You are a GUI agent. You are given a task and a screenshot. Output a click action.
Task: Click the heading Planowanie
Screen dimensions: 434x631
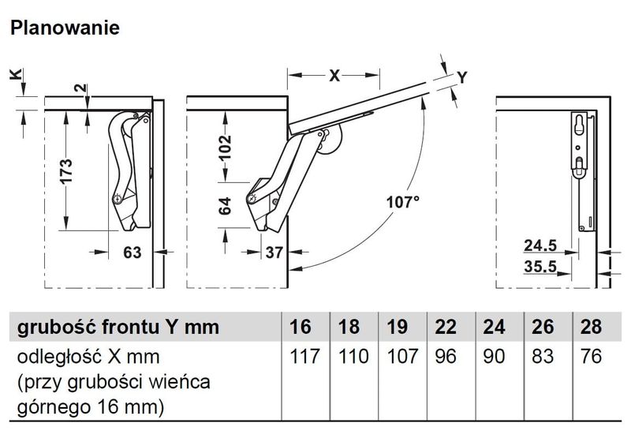[64, 28]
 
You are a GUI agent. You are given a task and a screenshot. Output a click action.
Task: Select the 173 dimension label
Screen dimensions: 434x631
[66, 172]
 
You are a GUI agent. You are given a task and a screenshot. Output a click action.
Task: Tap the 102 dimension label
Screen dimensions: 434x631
[225, 147]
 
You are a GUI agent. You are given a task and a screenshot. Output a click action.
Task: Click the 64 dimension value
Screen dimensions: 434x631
[225, 207]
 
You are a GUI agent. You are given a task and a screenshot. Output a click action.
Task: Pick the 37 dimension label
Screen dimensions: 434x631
[273, 253]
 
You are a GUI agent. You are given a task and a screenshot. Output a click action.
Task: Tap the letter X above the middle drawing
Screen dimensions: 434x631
[334, 77]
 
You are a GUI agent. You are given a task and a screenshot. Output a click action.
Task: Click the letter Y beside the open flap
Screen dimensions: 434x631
[463, 77]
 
